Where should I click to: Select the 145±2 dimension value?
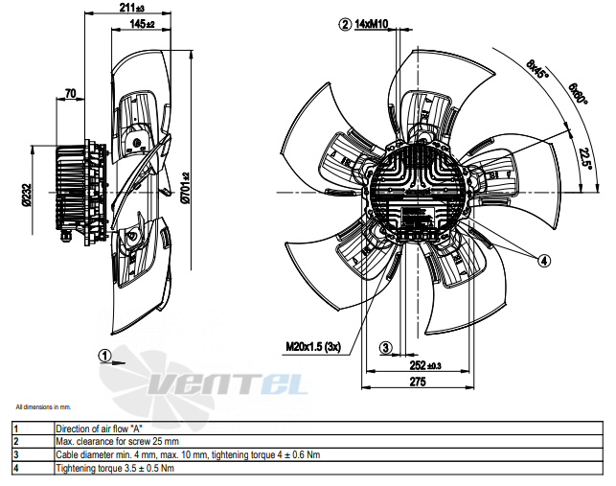click(142, 24)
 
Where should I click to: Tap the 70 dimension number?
click(70, 94)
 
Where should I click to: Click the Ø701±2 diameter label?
click(186, 188)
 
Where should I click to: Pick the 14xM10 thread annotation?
click(372, 24)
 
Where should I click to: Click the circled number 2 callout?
click(345, 24)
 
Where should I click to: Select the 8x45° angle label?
click(537, 69)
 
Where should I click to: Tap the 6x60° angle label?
click(578, 94)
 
